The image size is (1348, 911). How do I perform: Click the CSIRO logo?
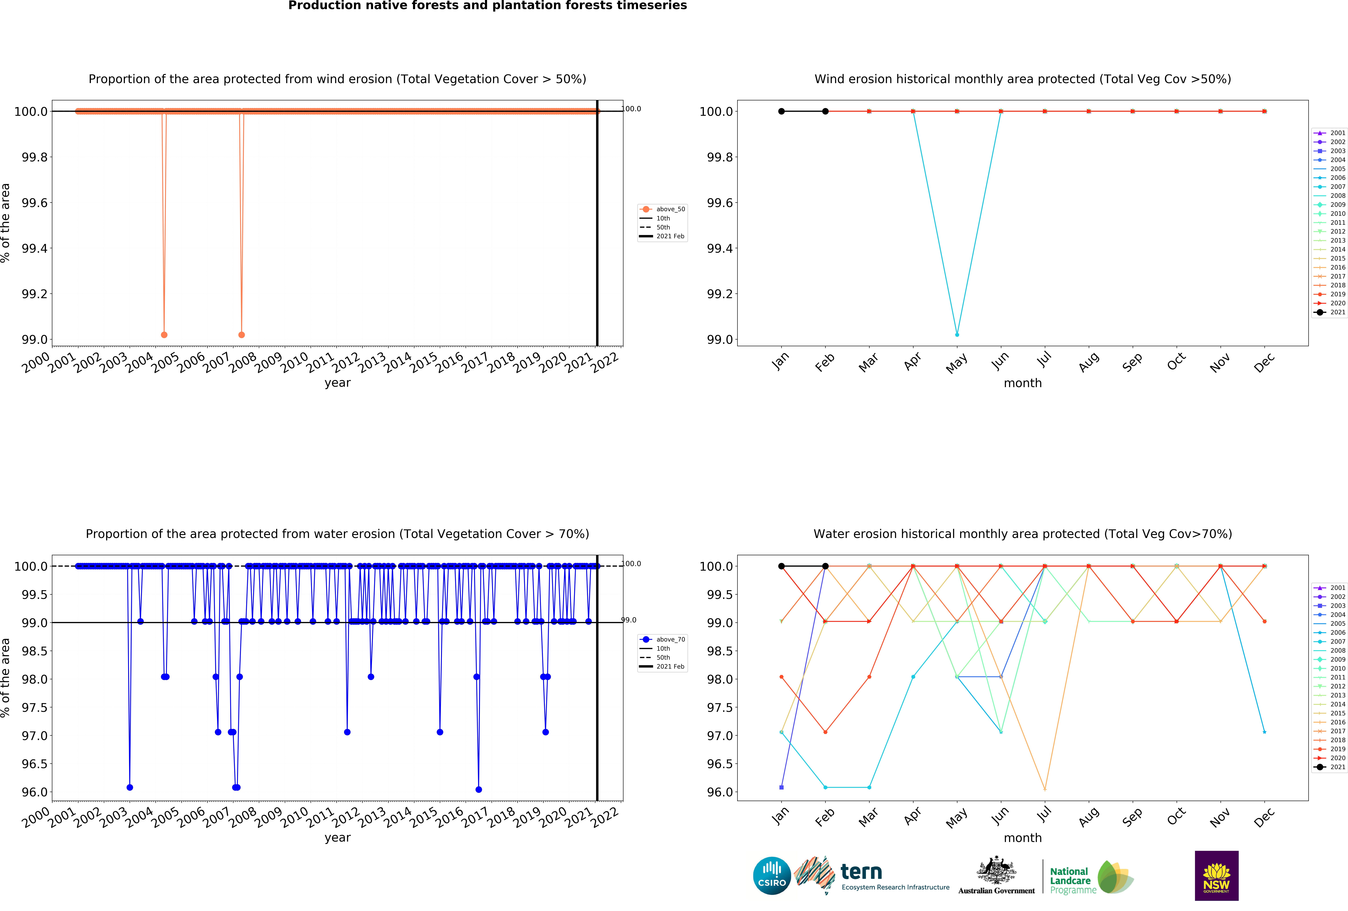click(771, 876)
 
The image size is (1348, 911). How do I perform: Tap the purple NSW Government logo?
click(1216, 876)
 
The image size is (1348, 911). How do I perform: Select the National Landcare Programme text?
click(1072, 880)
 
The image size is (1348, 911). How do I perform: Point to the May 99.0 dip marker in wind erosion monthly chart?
click(957, 335)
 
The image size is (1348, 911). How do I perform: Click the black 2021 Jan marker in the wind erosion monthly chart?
click(781, 111)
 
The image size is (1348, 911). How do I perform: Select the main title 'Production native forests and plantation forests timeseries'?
click(487, 6)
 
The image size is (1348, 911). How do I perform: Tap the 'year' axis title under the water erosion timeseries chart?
click(338, 837)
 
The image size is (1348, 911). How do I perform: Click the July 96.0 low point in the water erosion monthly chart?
click(1045, 789)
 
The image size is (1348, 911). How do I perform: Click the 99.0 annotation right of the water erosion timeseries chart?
click(629, 620)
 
